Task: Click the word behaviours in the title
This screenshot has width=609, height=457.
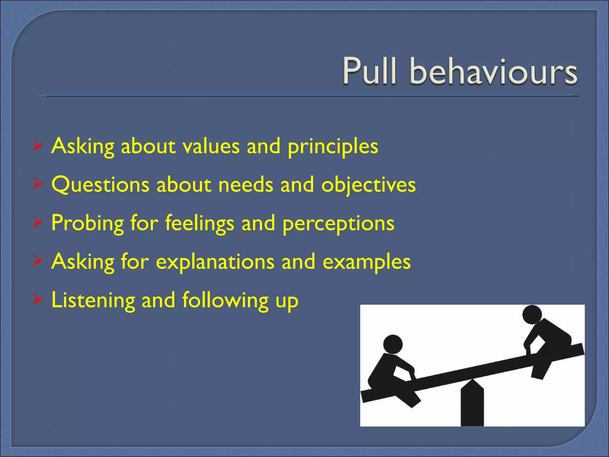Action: pyautogui.click(x=494, y=71)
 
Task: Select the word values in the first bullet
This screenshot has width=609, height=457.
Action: pyautogui.click(x=211, y=146)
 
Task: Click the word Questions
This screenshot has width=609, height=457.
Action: pyautogui.click(x=100, y=185)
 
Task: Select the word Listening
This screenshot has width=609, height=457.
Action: pyautogui.click(x=93, y=301)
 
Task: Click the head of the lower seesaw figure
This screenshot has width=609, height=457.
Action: pyautogui.click(x=393, y=344)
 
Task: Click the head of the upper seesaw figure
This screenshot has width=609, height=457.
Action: pyautogui.click(x=532, y=314)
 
